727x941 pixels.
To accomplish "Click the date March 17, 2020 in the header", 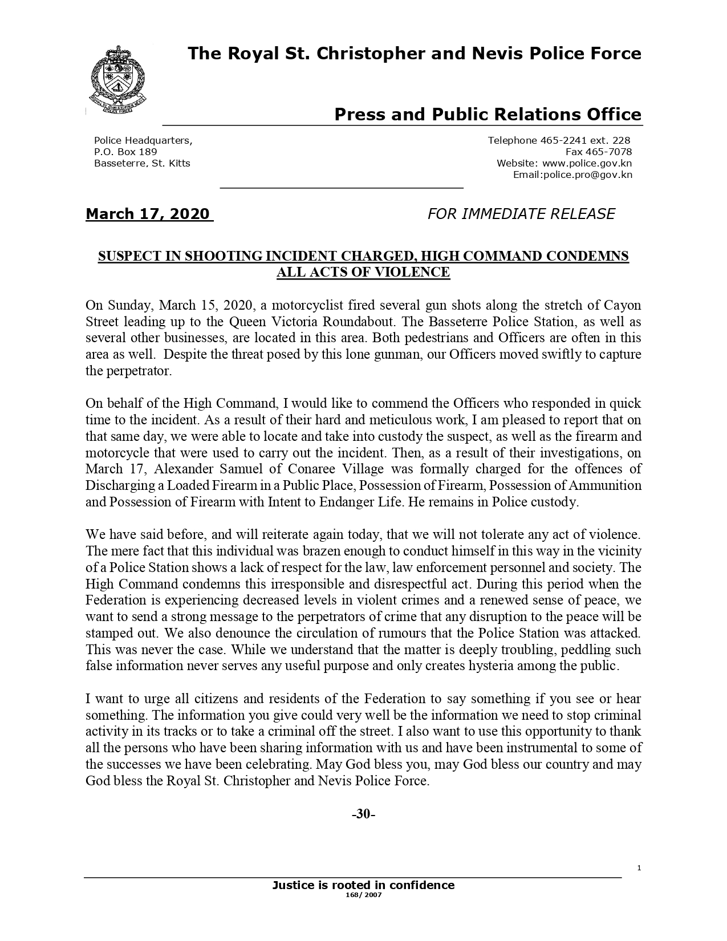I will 148,214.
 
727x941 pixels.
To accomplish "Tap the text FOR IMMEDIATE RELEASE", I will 521,214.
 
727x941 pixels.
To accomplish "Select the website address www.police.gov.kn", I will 587,164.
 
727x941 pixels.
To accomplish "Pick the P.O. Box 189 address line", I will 125,152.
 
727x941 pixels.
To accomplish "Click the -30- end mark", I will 363,814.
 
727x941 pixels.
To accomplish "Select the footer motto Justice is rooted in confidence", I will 363,886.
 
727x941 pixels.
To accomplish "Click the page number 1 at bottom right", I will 639,868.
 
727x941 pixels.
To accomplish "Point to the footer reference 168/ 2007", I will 363,895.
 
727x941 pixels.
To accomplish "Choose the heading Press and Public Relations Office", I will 488,115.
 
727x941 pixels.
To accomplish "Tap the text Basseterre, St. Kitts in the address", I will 142,164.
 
